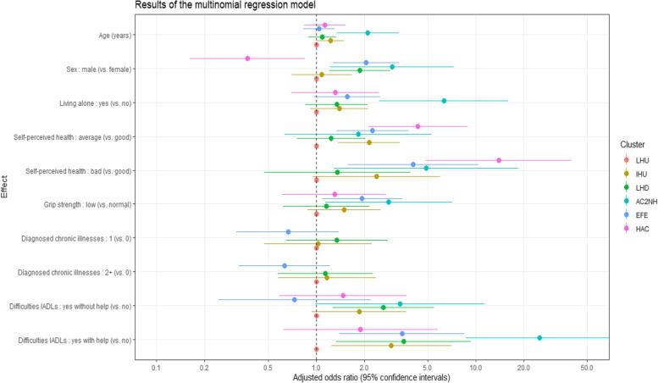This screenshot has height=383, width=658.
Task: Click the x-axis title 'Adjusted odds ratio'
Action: [371, 375]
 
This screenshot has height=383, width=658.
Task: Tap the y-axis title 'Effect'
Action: [5, 185]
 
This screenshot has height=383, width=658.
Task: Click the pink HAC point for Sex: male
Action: [247, 58]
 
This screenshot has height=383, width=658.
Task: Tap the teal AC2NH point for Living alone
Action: [444, 100]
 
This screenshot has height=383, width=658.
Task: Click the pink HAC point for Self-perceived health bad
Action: [499, 160]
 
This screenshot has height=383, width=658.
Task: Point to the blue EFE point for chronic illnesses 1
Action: [288, 231]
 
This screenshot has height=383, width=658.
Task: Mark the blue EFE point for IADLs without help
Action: [295, 299]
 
